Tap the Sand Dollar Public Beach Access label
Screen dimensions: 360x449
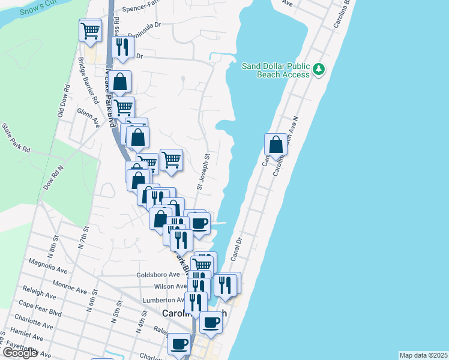[276, 70]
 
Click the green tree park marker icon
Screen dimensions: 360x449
[319, 70]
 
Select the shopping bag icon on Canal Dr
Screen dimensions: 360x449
[275, 145]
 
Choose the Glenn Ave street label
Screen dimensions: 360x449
[88, 117]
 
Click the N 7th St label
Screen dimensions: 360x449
[82, 237]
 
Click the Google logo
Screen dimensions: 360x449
[20, 353]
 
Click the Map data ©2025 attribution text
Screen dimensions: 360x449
[423, 355]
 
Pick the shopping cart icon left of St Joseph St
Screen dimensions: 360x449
[171, 160]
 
